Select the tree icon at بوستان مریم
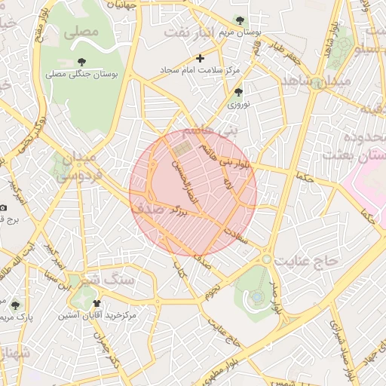click(240, 20)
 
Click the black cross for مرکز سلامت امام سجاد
click(200, 57)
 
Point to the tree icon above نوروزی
click(238, 92)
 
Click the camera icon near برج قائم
click(4, 207)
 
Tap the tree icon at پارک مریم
click(15, 305)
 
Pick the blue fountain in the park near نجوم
click(258, 296)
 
